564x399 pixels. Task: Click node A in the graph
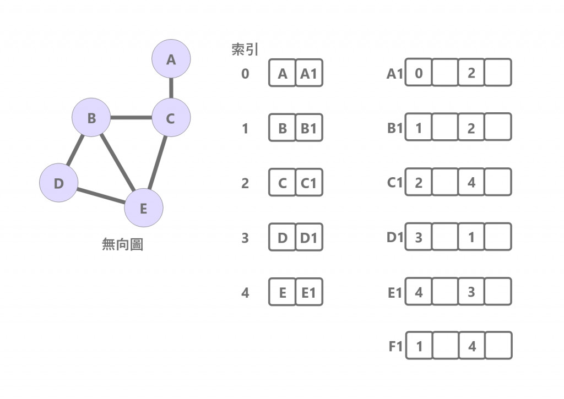pos(171,59)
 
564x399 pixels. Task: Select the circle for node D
pos(59,183)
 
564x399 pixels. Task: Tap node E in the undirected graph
pos(143,208)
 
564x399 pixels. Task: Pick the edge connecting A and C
pos(171,88)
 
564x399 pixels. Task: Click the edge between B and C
pos(131,117)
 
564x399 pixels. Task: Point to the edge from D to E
pos(101,196)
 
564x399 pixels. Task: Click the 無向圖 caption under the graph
pos(122,244)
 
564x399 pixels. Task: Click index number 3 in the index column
pos(245,238)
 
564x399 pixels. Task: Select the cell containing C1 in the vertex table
pos(309,183)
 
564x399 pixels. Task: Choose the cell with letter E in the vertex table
pos(283,293)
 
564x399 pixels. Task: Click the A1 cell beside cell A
pos(309,73)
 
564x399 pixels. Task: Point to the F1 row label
pos(395,347)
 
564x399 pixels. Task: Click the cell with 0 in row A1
pos(419,73)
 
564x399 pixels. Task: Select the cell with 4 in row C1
pos(471,182)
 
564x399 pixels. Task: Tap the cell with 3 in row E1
pos(471,292)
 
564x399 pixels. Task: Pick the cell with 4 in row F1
pos(471,346)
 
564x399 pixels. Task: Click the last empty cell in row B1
pos(498,128)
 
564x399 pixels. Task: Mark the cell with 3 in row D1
pos(419,237)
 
